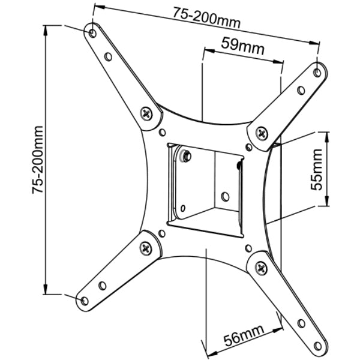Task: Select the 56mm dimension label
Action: coord(244,337)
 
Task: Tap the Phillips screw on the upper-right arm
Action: coord(262,133)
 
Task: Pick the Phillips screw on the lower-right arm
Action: coord(261,268)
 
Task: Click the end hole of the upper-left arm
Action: coord(92,33)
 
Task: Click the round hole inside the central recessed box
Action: coord(225,196)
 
